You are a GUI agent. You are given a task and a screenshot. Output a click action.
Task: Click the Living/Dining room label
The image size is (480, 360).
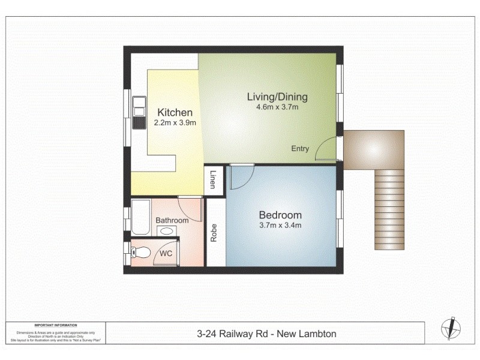coord(278,97)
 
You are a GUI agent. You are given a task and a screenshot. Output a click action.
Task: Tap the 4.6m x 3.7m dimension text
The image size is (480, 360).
coord(278,108)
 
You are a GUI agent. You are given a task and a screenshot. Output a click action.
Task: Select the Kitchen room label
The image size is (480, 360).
coord(175,112)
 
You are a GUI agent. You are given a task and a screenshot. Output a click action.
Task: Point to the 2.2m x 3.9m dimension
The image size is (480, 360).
coord(175,123)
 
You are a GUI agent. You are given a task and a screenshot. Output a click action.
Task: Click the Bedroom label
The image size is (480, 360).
coord(280,215)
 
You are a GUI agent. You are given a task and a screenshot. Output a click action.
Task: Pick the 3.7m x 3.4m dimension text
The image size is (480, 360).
coord(280,226)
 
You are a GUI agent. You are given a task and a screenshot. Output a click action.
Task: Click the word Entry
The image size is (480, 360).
coord(300,149)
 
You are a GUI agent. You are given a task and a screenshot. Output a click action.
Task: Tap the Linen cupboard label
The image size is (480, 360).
coord(212,179)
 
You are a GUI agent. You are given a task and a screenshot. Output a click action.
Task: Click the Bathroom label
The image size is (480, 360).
coord(172,220)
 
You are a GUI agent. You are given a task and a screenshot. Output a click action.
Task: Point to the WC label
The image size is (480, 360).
coord(166,253)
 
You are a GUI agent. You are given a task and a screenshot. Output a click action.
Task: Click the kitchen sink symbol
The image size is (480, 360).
coord(140,113)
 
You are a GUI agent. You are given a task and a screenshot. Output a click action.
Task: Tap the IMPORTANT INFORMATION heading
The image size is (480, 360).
coord(58,324)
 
